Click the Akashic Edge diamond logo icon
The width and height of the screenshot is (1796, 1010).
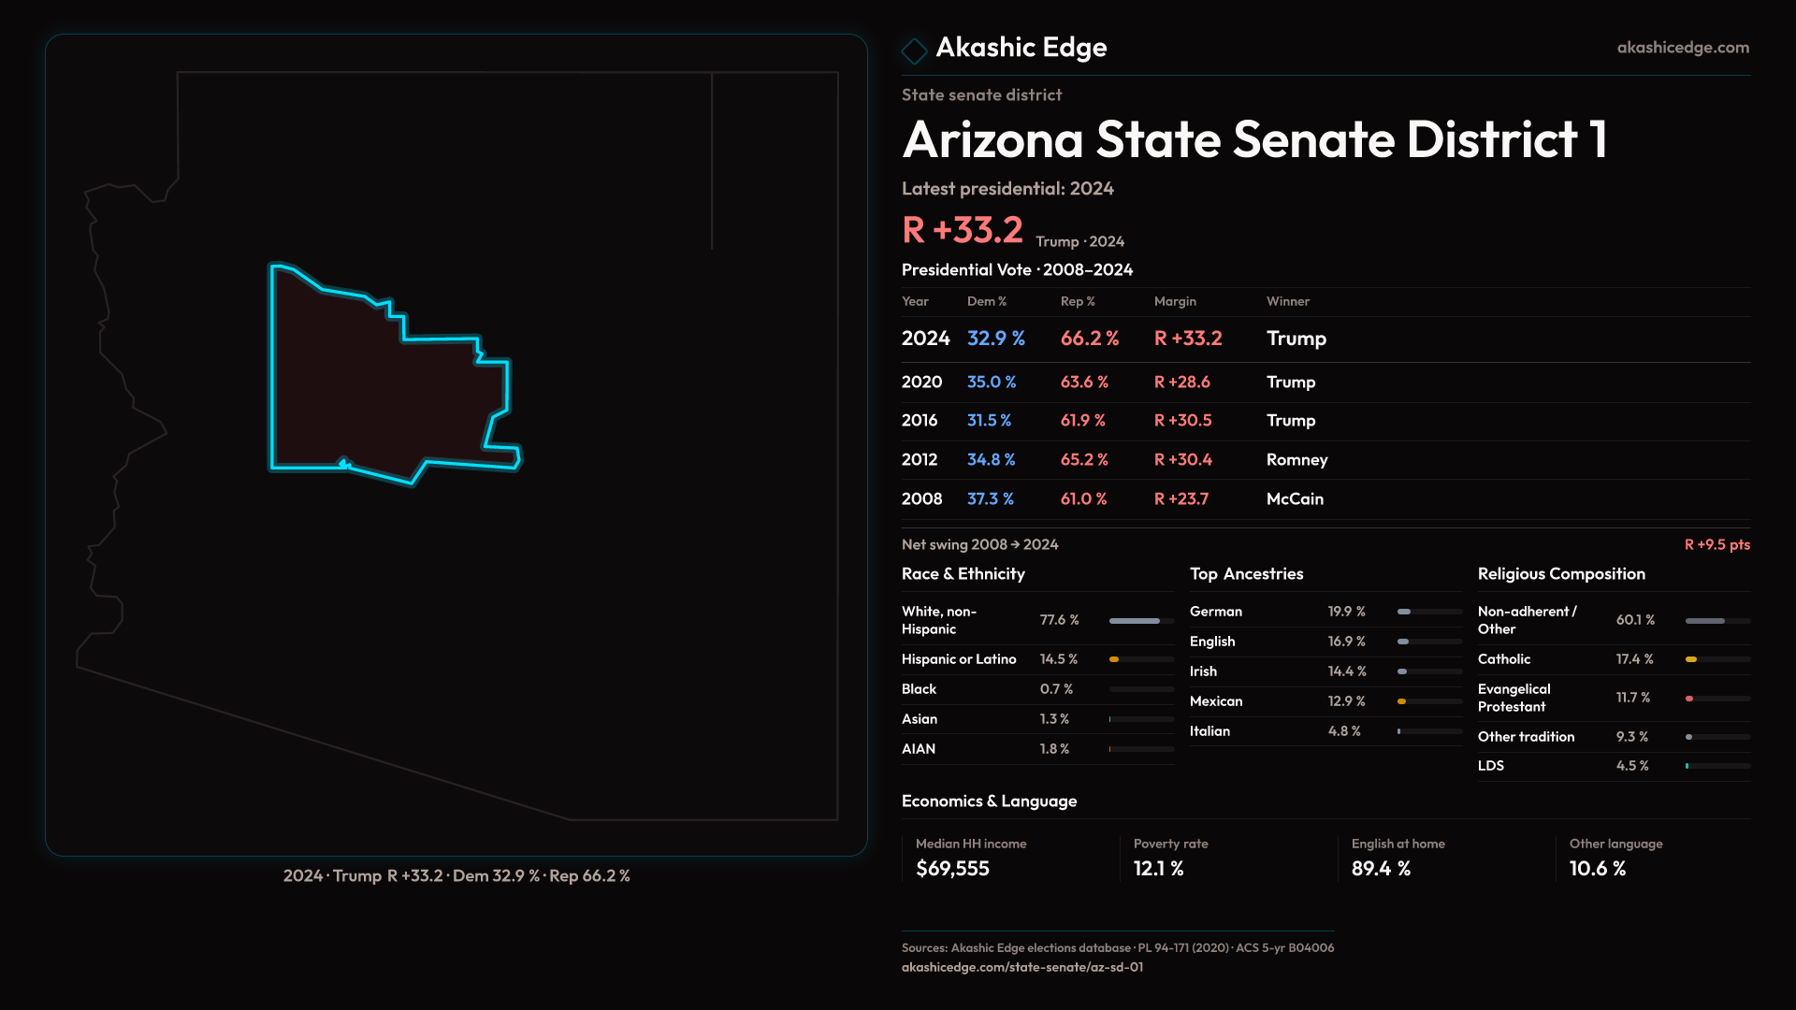[x=914, y=50]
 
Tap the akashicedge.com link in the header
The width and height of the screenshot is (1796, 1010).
[x=1683, y=48]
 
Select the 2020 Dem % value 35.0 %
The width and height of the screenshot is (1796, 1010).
[x=992, y=382]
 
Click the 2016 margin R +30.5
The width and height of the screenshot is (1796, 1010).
[x=1182, y=421]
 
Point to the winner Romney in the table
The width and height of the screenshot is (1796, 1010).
[x=1296, y=460]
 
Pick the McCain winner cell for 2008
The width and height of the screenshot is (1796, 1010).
[x=1295, y=499]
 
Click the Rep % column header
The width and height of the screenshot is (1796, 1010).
[x=1078, y=301]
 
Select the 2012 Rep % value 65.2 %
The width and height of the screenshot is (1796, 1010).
[x=1084, y=460]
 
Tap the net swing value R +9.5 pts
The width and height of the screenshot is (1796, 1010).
[x=1716, y=544]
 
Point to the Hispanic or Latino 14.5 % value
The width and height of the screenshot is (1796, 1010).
[x=1059, y=659]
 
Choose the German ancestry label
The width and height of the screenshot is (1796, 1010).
[x=1216, y=612]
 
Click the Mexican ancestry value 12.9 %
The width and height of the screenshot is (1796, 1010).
[x=1346, y=701]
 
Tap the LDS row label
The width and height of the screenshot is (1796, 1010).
[x=1491, y=766]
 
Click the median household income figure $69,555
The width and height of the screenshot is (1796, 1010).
[x=952, y=869]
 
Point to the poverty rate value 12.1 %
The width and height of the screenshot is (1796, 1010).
[x=1158, y=869]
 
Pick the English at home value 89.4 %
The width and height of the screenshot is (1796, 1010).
[x=1381, y=869]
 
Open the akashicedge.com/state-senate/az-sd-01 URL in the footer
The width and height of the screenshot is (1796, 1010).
[x=1021, y=967]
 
